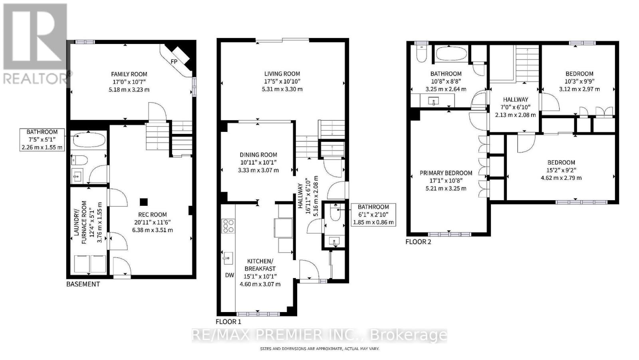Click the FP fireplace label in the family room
click(x=174, y=61)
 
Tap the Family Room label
click(x=129, y=74)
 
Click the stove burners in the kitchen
click(x=228, y=226)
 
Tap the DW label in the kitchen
click(x=229, y=275)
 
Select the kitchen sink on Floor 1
click(x=228, y=258)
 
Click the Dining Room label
click(x=258, y=155)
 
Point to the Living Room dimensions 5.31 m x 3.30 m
click(x=282, y=89)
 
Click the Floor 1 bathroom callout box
click(x=373, y=215)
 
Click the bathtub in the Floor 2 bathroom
click(x=450, y=54)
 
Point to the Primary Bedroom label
click(x=446, y=173)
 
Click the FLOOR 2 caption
click(x=418, y=242)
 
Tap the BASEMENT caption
click(x=83, y=284)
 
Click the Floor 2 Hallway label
click(x=515, y=99)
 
